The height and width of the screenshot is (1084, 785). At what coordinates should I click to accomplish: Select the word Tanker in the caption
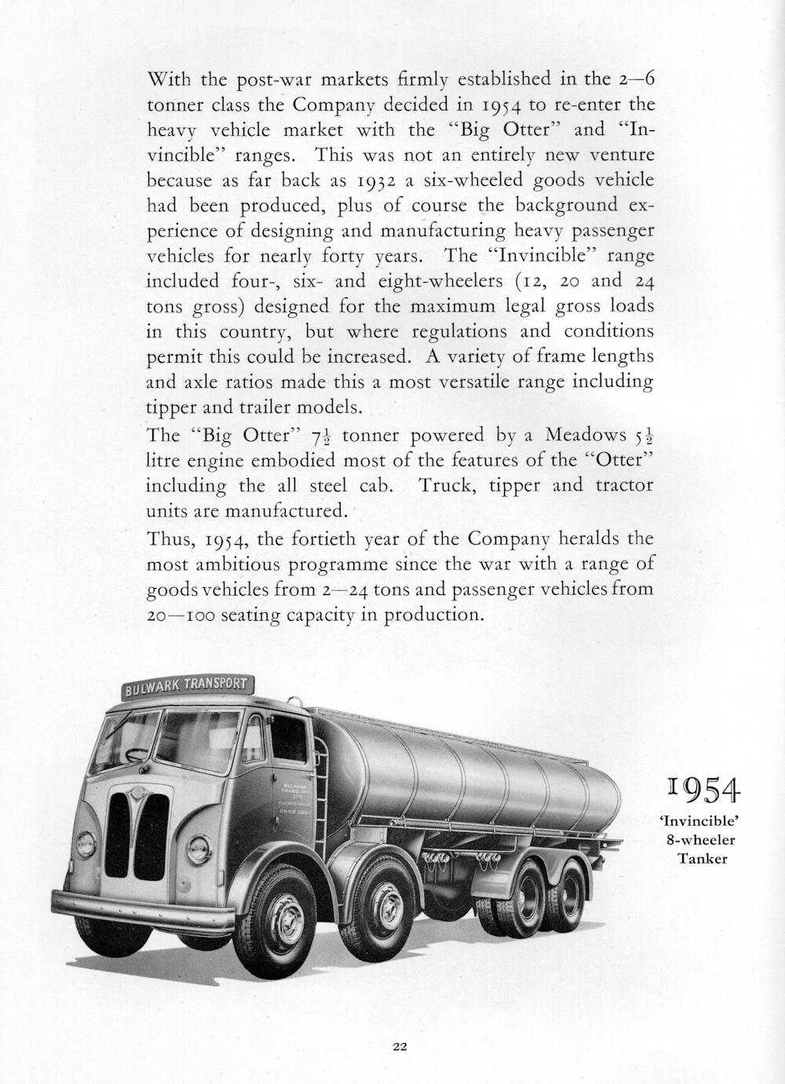coord(703,858)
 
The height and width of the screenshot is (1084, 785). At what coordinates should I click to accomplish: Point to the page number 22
coord(399,1046)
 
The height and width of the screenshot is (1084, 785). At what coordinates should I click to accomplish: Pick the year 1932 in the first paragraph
coord(373,180)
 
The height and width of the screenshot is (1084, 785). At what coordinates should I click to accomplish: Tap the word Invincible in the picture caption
coord(703,823)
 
